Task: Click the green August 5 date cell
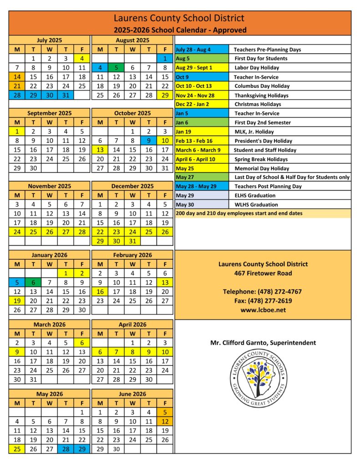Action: [x=116, y=68]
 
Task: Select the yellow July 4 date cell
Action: [x=82, y=58]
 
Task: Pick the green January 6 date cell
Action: [x=33, y=282]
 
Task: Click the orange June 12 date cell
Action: [x=165, y=421]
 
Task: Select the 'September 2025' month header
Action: [x=50, y=113]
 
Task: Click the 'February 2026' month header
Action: [x=132, y=255]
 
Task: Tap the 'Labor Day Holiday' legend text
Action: [x=256, y=68]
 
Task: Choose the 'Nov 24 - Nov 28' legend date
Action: [x=195, y=96]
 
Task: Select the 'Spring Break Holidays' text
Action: [x=261, y=159]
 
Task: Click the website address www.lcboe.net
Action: [x=263, y=309]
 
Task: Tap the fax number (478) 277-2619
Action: [x=263, y=300]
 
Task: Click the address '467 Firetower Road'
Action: [x=263, y=273]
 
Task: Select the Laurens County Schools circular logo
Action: [x=258, y=378]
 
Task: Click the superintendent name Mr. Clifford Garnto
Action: [x=263, y=343]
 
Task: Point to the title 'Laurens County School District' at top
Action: [x=179, y=18]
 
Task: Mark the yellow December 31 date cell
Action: [x=132, y=241]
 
